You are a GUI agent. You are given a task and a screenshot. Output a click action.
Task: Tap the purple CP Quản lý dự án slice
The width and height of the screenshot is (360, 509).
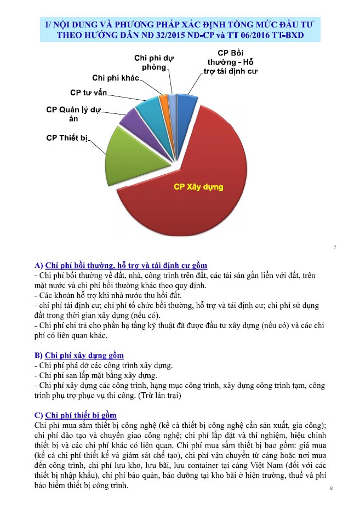point(129,117)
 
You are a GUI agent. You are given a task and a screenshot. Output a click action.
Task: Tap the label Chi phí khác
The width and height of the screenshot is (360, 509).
point(116,77)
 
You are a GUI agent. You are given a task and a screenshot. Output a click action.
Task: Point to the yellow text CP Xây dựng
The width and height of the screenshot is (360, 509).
point(198,187)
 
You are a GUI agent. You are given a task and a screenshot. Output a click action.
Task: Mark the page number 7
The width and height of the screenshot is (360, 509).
point(334,248)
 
